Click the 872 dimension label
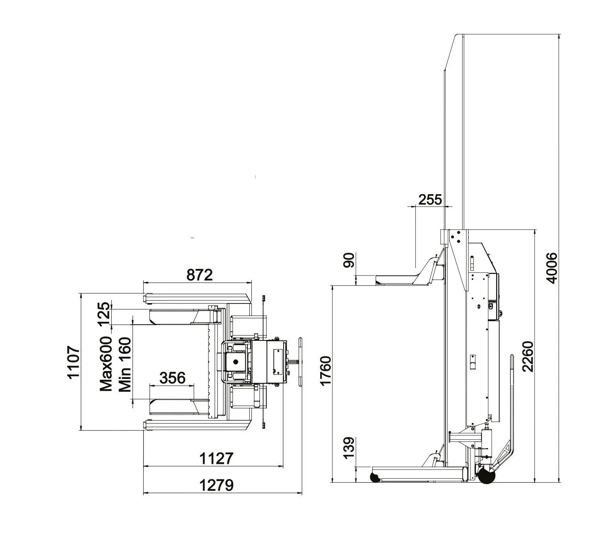pyautogui.click(x=199, y=275)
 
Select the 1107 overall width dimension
pyautogui.click(x=74, y=362)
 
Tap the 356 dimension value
pyautogui.click(x=172, y=378)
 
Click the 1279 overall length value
pyautogui.click(x=216, y=485)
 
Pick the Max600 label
pyautogui.click(x=106, y=364)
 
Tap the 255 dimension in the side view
pyautogui.click(x=430, y=200)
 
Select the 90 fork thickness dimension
pyautogui.click(x=349, y=260)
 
